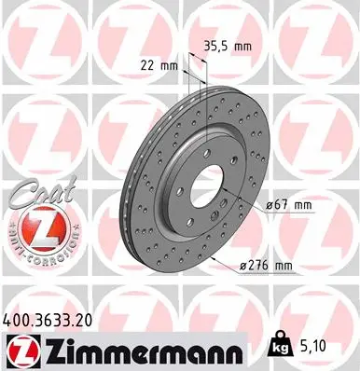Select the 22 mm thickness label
tap(153, 65)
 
